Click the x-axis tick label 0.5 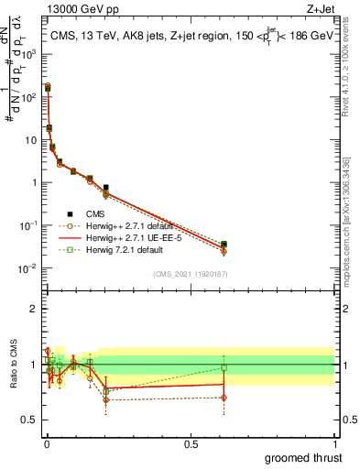pos(190,442)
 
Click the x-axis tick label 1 pos(334,442)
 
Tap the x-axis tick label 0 pos(46,442)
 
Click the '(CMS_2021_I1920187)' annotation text pos(190,274)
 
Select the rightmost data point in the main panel pos(224,245)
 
